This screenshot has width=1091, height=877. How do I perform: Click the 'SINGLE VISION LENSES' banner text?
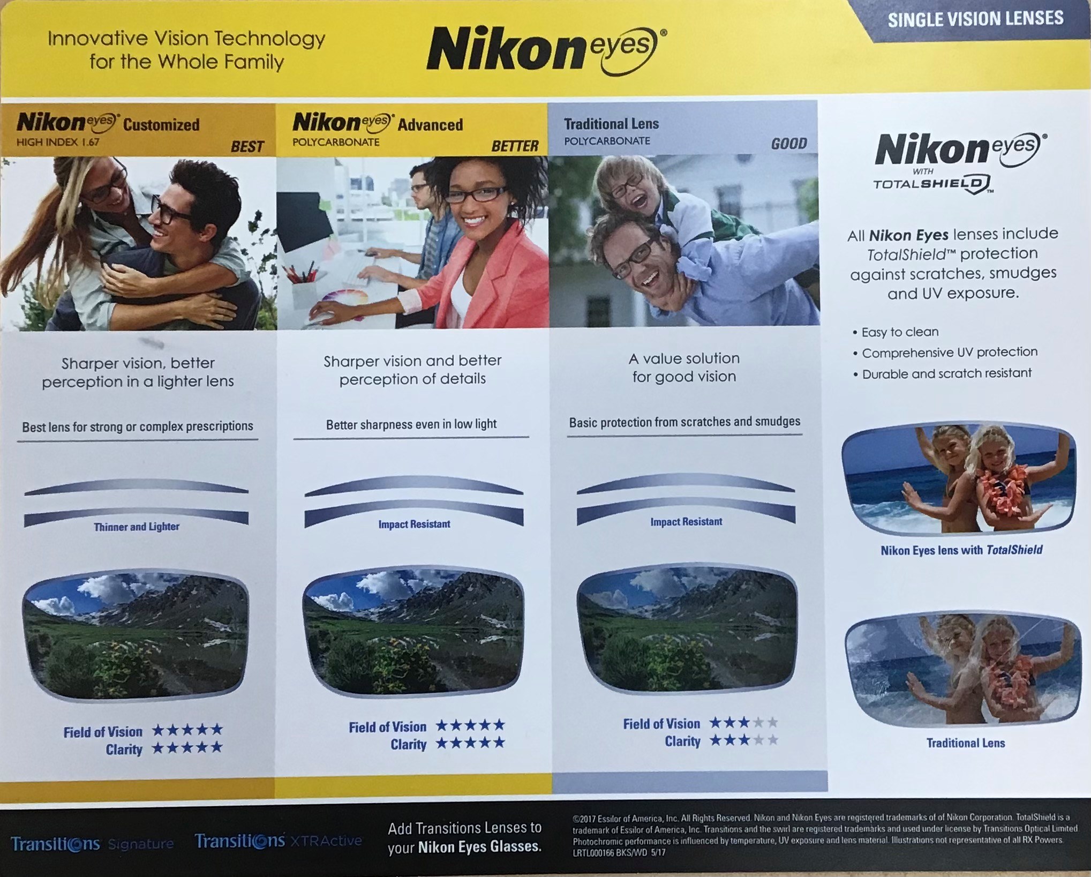(x=975, y=19)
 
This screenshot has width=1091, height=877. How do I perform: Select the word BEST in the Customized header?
(x=247, y=146)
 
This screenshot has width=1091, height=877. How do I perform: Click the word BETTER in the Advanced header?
(x=515, y=146)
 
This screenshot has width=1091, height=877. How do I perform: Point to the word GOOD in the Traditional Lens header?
(x=789, y=144)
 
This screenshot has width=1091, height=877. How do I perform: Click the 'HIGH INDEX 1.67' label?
(x=58, y=143)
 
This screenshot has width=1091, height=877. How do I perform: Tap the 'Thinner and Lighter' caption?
(x=137, y=527)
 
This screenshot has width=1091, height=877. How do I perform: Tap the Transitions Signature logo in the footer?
(x=92, y=844)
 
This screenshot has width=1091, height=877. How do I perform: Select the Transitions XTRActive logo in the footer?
(x=278, y=841)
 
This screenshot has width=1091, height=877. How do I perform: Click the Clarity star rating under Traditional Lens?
(x=743, y=740)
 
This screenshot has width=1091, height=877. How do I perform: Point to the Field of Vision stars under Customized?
(x=187, y=729)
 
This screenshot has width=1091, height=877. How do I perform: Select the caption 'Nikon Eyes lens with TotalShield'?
(x=961, y=550)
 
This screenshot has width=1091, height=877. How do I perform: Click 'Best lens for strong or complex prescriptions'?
(x=138, y=426)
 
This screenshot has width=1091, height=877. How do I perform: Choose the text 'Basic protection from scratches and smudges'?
(x=684, y=422)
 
